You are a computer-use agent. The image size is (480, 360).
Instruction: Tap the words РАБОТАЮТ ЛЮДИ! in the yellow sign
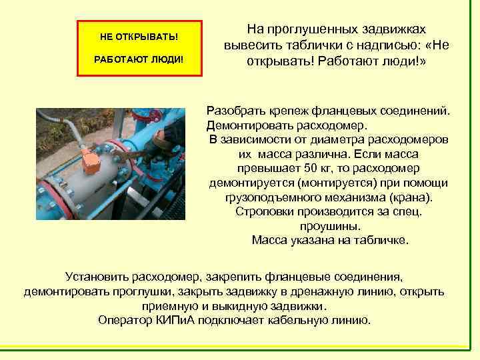[139, 59]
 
